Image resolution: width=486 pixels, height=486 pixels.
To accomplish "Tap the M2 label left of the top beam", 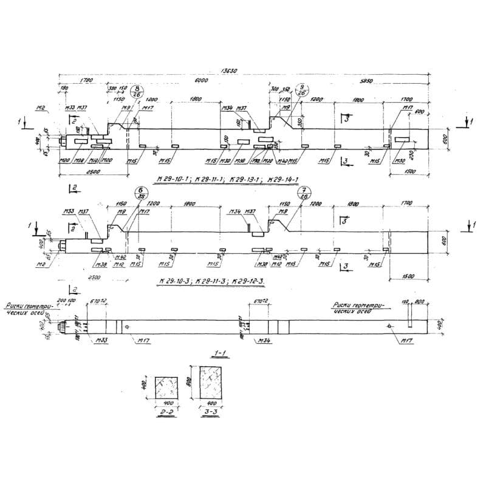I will coord(42,108).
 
